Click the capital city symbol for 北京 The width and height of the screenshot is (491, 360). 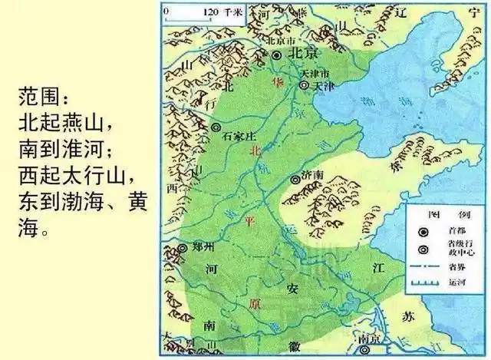point(277,54)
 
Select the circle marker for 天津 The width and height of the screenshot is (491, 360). point(303,86)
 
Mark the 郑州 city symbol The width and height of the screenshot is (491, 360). point(183,248)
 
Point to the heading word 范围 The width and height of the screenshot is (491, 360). point(42,99)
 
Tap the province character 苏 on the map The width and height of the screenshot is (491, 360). point(406,315)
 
